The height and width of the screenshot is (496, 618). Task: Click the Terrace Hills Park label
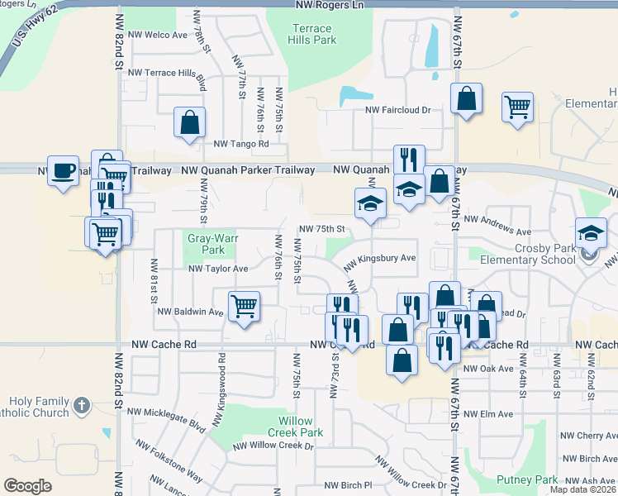(313, 34)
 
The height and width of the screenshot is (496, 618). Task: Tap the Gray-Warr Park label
(206, 243)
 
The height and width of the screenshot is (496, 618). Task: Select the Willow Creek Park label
(295, 427)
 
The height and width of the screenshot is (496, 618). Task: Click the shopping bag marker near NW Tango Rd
(189, 122)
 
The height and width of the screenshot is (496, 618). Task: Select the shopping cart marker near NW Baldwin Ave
(244, 307)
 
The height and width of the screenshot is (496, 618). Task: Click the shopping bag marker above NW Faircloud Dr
(466, 98)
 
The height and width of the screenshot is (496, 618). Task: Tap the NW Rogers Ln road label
(329, 6)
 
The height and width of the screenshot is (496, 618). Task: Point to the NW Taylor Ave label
(218, 269)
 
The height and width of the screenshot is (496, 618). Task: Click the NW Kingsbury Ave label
(379, 259)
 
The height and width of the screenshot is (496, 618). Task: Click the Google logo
(27, 486)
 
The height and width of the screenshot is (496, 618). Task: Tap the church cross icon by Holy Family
(80, 405)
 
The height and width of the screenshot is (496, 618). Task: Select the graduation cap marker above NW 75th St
(370, 203)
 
